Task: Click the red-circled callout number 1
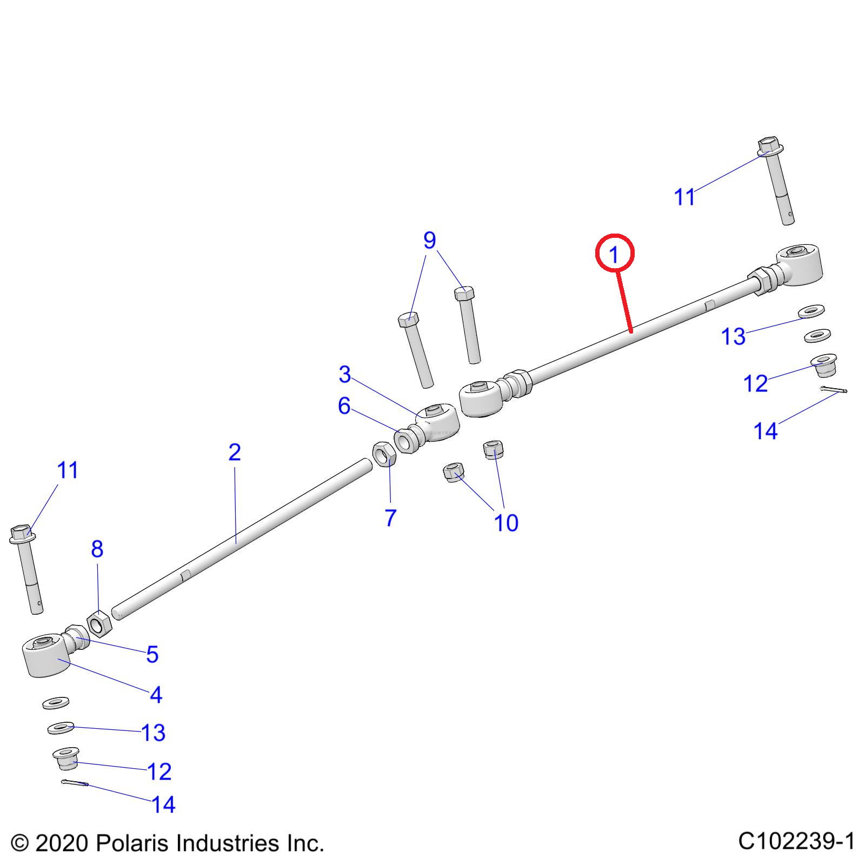tap(614, 254)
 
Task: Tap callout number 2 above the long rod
tap(234, 452)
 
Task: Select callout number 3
tap(345, 374)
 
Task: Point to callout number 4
tap(156, 695)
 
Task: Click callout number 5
tap(152, 654)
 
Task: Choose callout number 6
tap(344, 405)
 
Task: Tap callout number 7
tap(391, 517)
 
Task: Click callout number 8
tap(97, 549)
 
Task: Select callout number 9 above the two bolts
tap(429, 240)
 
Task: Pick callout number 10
tap(506, 523)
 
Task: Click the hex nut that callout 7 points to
tap(384, 454)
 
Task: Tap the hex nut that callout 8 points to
tap(99, 623)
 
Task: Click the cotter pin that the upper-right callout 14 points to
tap(834, 389)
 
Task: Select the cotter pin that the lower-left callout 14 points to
tap(75, 782)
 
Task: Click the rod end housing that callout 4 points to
tap(46, 655)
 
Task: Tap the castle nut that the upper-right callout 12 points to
tap(823, 365)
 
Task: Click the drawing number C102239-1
tap(797, 842)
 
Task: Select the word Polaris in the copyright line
tap(133, 843)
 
